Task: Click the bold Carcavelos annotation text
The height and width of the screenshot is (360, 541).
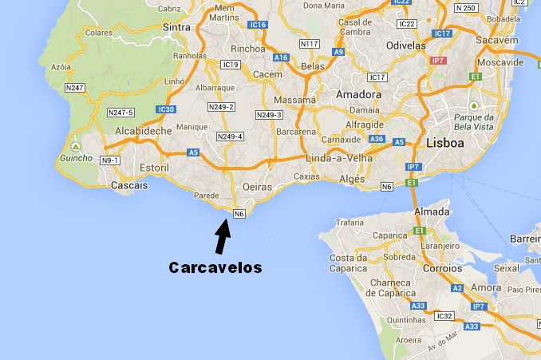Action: (x=215, y=268)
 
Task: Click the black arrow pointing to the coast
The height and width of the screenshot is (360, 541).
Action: (x=222, y=237)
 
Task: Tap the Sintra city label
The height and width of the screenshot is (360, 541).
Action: (x=176, y=26)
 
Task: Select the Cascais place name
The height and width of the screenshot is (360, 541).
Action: (x=132, y=185)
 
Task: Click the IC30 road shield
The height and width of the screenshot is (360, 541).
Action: (x=166, y=109)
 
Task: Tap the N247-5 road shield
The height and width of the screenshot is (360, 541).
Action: (x=120, y=113)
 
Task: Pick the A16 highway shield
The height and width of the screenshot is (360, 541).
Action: (x=281, y=57)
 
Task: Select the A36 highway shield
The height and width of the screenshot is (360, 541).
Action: (x=377, y=139)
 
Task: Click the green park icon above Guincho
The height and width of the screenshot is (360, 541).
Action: (x=75, y=147)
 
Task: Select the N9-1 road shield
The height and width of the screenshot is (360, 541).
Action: (x=110, y=160)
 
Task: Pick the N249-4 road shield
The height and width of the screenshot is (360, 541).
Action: (x=231, y=136)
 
